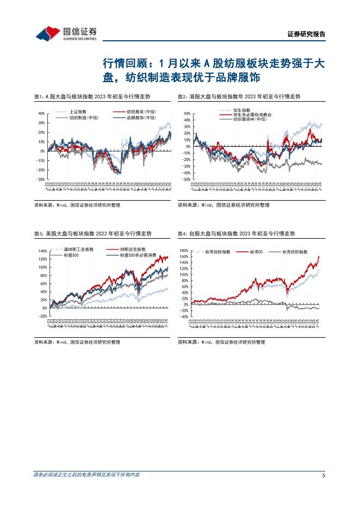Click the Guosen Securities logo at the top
click(66, 33)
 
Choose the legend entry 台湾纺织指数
click(295, 252)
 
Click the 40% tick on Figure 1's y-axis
click(41, 113)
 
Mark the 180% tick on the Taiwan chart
click(184, 251)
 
